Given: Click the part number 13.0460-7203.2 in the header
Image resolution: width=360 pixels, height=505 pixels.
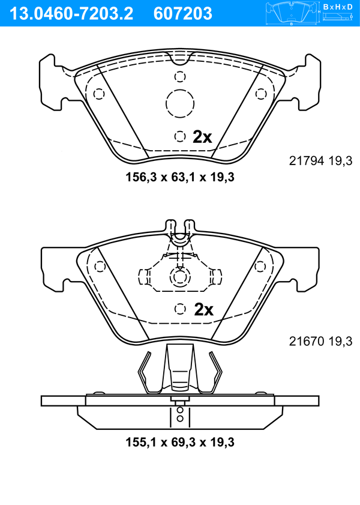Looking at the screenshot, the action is (x=71, y=14).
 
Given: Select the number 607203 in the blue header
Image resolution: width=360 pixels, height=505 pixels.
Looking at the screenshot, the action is (x=183, y=14).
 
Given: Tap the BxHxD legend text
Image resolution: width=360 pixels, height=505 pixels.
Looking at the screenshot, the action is (x=338, y=6).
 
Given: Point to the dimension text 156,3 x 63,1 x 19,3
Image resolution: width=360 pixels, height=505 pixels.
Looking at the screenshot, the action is (x=180, y=177).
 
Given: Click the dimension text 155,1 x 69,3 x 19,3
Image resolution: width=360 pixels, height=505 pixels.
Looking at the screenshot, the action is (x=180, y=442).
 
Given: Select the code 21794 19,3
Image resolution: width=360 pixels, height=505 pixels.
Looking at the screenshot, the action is (x=320, y=160).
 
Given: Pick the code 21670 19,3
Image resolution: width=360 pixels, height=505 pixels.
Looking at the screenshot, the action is (x=320, y=341).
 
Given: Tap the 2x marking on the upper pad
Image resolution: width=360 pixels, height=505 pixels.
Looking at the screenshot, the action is (x=202, y=137).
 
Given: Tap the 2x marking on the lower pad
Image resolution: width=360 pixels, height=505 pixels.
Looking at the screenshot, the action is (x=203, y=309).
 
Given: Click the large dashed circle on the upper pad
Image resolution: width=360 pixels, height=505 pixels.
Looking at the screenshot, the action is (x=180, y=104).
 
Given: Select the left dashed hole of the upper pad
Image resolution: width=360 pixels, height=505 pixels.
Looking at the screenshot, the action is (x=99, y=94).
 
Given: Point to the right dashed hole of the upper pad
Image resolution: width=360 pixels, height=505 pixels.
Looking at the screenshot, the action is (x=261, y=94).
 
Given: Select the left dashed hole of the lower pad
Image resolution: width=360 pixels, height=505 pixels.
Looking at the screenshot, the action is (x=100, y=267).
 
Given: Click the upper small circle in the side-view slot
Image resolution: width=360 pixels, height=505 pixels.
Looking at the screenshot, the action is (x=180, y=410).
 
